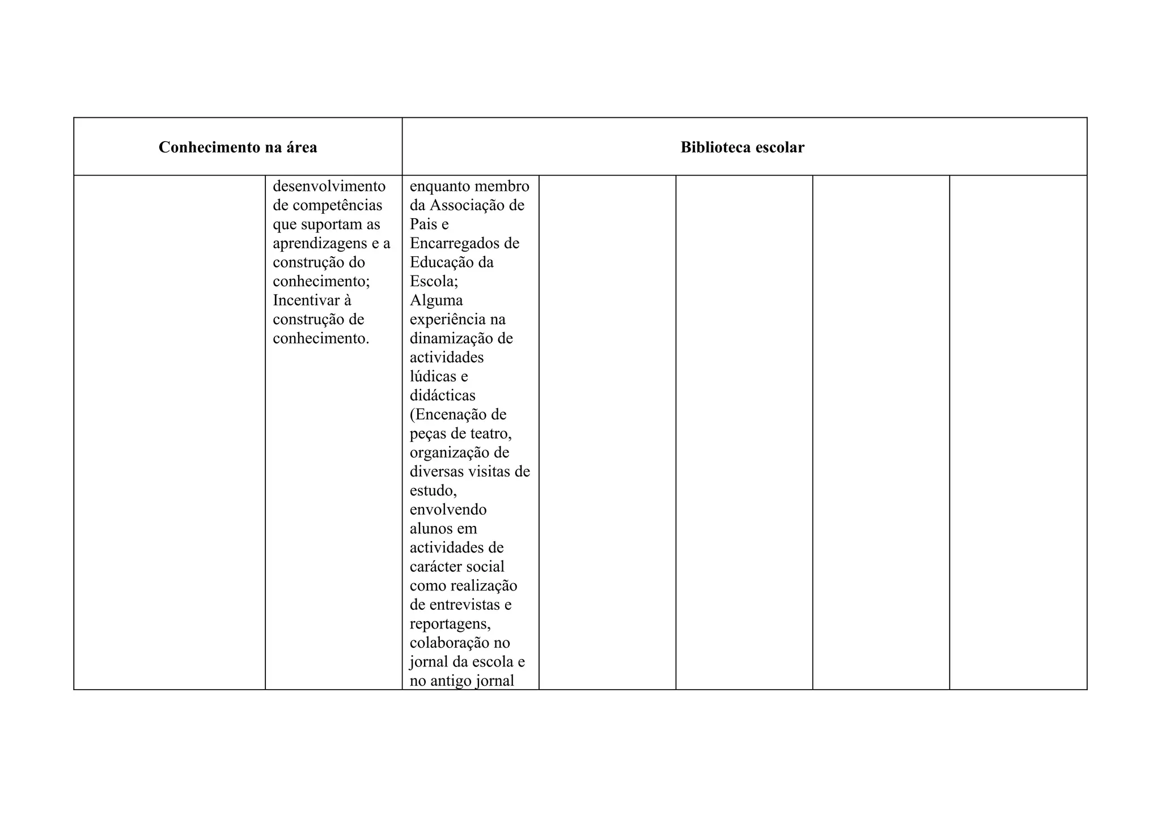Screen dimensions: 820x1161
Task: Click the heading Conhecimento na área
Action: pyautogui.click(x=238, y=147)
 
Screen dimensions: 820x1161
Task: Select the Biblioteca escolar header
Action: pyautogui.click(x=742, y=147)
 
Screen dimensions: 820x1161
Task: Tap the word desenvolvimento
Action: pyautogui.click(x=329, y=186)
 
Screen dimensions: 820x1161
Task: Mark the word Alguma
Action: pyautogui.click(x=436, y=300)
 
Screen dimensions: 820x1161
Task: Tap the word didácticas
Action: pyautogui.click(x=442, y=396)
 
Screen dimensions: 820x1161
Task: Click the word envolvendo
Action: pyautogui.click(x=448, y=510)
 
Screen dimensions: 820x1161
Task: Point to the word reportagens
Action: pyautogui.click(x=450, y=624)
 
